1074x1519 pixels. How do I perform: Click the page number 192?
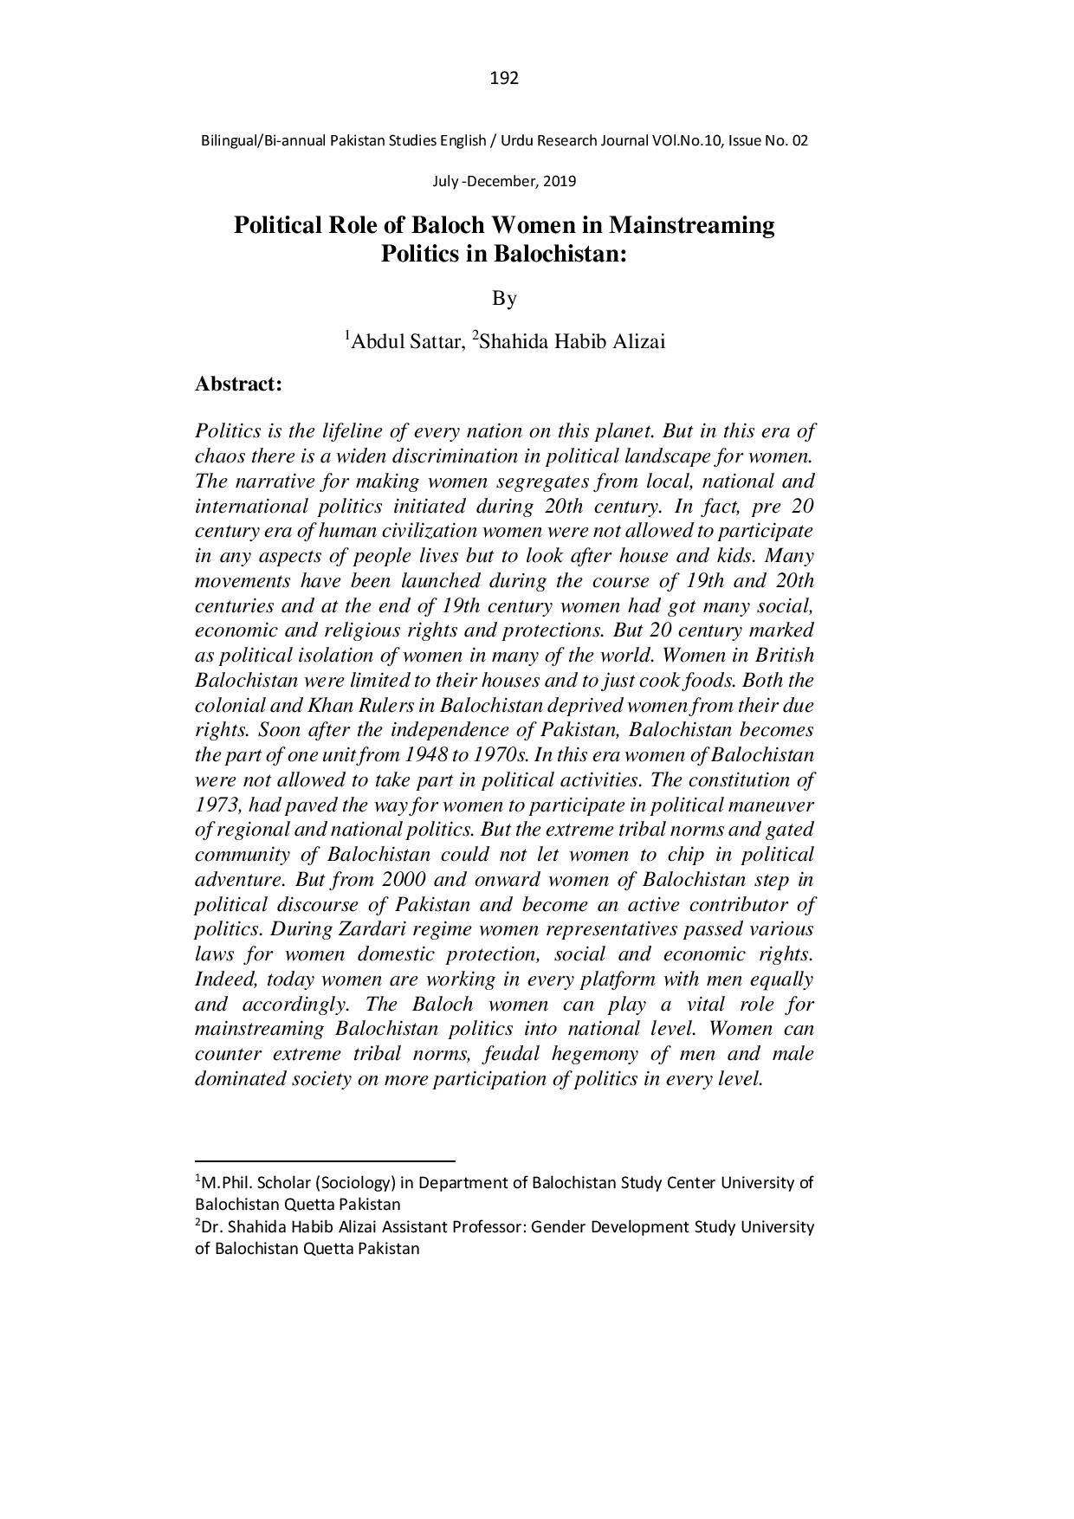pyautogui.click(x=504, y=79)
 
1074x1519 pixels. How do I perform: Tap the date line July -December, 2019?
pyautogui.click(x=504, y=182)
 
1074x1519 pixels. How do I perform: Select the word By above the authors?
pyautogui.click(x=504, y=299)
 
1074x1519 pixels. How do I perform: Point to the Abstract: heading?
pyautogui.click(x=238, y=384)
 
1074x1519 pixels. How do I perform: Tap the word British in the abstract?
pyautogui.click(x=785, y=656)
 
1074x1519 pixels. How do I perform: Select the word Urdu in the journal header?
pyautogui.click(x=513, y=140)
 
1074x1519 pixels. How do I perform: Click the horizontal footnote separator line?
pyautogui.click(x=325, y=1160)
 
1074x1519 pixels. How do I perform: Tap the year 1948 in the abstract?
pyautogui.click(x=417, y=755)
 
